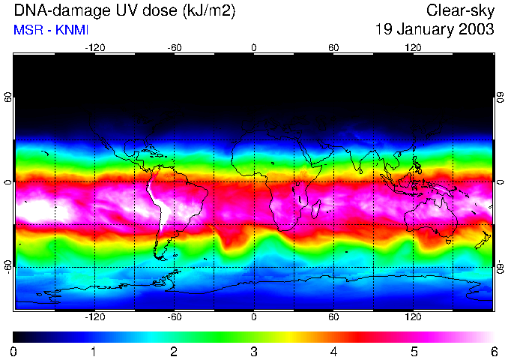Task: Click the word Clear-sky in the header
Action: (x=461, y=10)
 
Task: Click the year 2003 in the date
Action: (x=475, y=30)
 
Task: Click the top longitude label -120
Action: (x=94, y=47)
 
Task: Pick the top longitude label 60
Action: (x=333, y=47)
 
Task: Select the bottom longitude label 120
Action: (x=413, y=317)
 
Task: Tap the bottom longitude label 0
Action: (x=254, y=317)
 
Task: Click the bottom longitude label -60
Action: (x=174, y=317)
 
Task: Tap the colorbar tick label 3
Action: (x=254, y=352)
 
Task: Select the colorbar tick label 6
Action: (x=493, y=352)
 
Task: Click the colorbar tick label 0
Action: (x=14, y=352)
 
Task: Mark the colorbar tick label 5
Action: (x=414, y=352)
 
